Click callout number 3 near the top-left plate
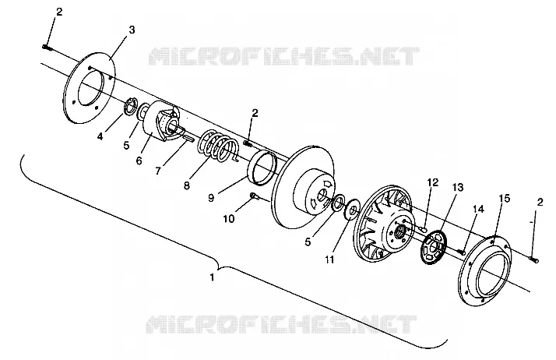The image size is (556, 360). [x=132, y=30]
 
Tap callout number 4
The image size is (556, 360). [x=100, y=136]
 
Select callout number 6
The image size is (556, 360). [x=139, y=161]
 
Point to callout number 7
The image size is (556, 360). [x=158, y=171]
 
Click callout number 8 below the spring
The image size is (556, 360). [x=187, y=185]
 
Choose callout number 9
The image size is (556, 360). [x=211, y=198]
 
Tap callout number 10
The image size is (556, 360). [x=229, y=219]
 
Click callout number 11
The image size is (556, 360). [x=329, y=259]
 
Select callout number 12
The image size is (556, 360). [x=433, y=182]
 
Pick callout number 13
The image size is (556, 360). [x=458, y=187]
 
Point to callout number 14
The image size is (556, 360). [x=478, y=210]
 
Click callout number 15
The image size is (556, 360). [x=505, y=198]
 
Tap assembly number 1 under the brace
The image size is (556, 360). [x=212, y=277]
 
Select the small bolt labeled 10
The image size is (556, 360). [x=255, y=196]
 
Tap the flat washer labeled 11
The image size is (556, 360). [x=352, y=210]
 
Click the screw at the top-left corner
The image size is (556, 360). [x=48, y=48]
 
